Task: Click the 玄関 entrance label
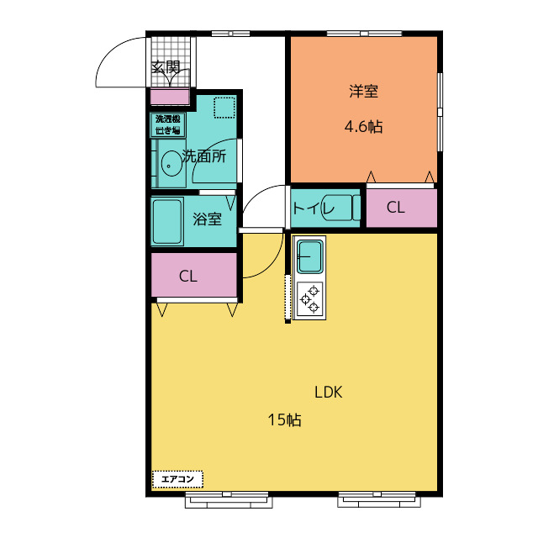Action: (x=166, y=67)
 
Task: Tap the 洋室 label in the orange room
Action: (x=364, y=92)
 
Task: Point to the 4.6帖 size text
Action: (x=364, y=127)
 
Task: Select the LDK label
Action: (x=329, y=393)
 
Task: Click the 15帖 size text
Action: (x=284, y=420)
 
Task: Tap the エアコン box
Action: (x=177, y=479)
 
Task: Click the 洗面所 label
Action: (x=204, y=156)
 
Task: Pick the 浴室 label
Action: (x=208, y=219)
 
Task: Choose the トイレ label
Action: (x=313, y=208)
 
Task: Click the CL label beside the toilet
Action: (x=396, y=208)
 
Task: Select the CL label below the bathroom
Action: (x=188, y=276)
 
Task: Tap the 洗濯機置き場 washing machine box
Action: (x=168, y=124)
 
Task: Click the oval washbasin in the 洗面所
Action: (x=171, y=164)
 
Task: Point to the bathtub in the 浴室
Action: (x=167, y=222)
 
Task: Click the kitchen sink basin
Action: (x=310, y=256)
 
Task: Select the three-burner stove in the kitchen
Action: (x=310, y=299)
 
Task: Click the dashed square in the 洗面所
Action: (x=224, y=108)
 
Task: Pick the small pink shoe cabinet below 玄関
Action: (x=170, y=97)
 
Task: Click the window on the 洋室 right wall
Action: (x=440, y=112)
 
